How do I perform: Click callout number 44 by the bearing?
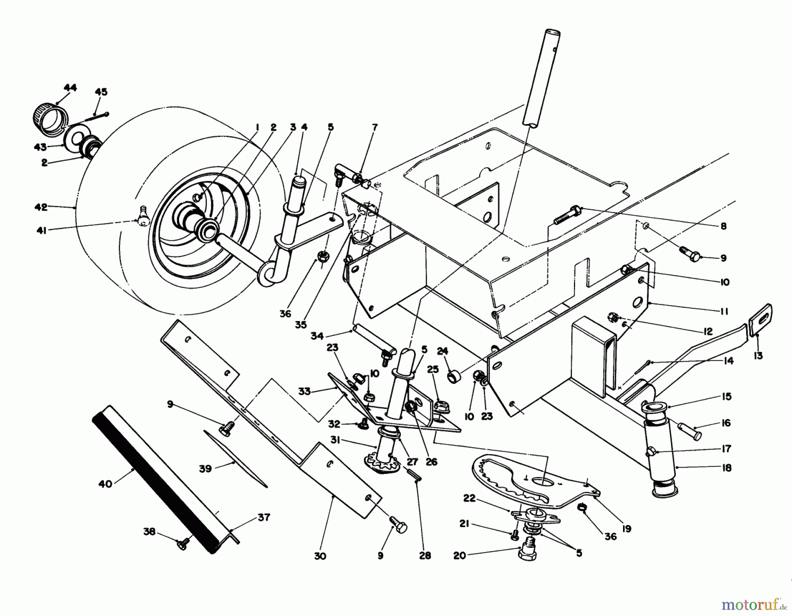tap(70, 87)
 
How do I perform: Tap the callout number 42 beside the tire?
tap(41, 207)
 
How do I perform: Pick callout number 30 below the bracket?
tap(320, 556)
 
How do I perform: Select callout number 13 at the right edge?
tap(758, 355)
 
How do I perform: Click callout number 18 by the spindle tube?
tap(726, 468)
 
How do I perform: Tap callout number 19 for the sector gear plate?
tap(627, 529)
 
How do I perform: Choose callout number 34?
tap(317, 336)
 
